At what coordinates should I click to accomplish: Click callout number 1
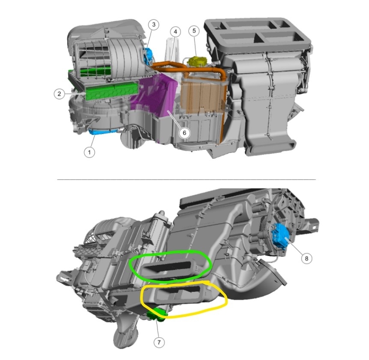pos(89,152)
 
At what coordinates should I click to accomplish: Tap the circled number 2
pos(59,94)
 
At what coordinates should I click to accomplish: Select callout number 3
pos(154,24)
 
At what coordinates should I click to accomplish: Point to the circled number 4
pos(175,32)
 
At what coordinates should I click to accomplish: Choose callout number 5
pos(194,30)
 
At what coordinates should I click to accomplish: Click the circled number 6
pos(184,133)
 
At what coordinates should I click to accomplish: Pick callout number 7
pos(159,342)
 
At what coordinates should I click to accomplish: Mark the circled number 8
pos(306,258)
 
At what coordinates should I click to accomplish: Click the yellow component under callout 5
pos(197,61)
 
